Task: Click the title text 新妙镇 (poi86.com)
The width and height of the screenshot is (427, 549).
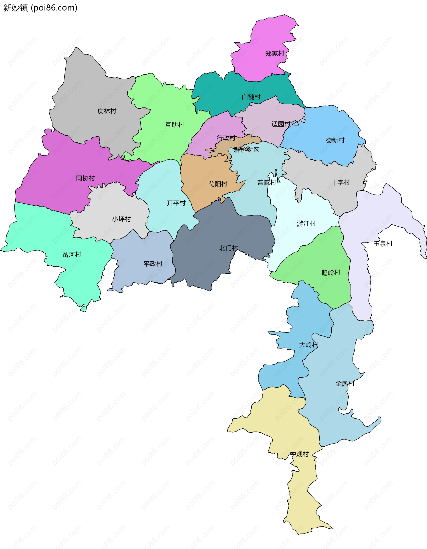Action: click(x=40, y=8)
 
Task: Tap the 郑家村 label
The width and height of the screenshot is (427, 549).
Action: click(x=275, y=54)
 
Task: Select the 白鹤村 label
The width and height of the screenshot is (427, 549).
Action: click(x=251, y=97)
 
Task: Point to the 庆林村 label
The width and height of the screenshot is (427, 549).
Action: click(x=107, y=111)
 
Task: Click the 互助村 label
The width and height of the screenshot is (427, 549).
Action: click(x=175, y=125)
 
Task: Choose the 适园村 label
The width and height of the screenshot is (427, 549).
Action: click(x=281, y=124)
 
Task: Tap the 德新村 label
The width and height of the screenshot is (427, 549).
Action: click(x=335, y=141)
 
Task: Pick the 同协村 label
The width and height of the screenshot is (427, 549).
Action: click(x=85, y=178)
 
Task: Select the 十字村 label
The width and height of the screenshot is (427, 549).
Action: click(x=340, y=183)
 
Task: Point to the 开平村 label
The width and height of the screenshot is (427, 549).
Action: click(x=176, y=203)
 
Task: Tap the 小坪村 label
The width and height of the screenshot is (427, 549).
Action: click(x=121, y=219)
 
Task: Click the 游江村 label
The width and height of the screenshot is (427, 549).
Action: click(x=306, y=224)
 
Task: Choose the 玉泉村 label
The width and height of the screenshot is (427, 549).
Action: click(x=383, y=244)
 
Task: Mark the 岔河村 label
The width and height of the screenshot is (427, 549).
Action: click(x=72, y=255)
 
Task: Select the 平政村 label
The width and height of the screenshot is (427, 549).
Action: click(x=153, y=264)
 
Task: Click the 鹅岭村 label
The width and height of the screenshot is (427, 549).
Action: click(x=331, y=273)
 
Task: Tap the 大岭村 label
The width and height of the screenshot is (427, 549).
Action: click(x=309, y=345)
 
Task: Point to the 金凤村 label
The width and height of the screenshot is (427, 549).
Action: click(x=345, y=384)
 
